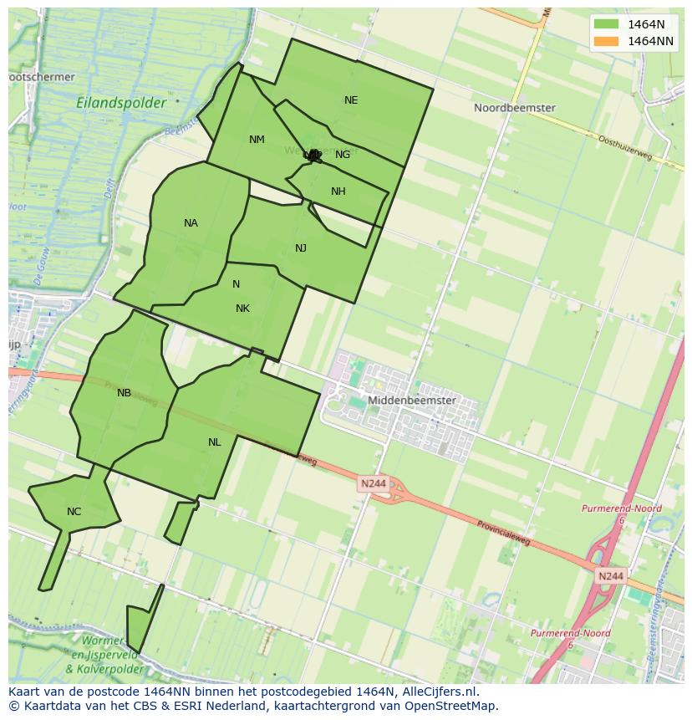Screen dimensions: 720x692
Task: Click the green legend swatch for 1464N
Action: point(607,24)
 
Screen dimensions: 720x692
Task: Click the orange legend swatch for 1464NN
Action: point(607,41)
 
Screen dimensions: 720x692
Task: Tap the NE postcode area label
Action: point(351,100)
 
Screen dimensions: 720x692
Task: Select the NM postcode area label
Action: point(257,140)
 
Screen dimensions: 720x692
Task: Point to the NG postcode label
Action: point(343,155)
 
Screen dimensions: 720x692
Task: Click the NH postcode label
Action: point(338,191)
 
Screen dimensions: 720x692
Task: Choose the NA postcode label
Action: point(191,223)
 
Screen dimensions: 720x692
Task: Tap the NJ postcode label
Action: point(301,248)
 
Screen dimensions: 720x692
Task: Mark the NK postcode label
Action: point(242,309)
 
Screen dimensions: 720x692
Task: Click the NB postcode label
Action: point(124,393)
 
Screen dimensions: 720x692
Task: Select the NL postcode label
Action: point(215,442)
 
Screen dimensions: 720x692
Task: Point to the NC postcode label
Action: point(74,512)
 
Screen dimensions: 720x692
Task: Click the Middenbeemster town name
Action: point(412,401)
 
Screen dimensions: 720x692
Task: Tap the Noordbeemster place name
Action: point(514,108)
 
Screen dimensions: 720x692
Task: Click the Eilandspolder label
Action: point(121,103)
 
